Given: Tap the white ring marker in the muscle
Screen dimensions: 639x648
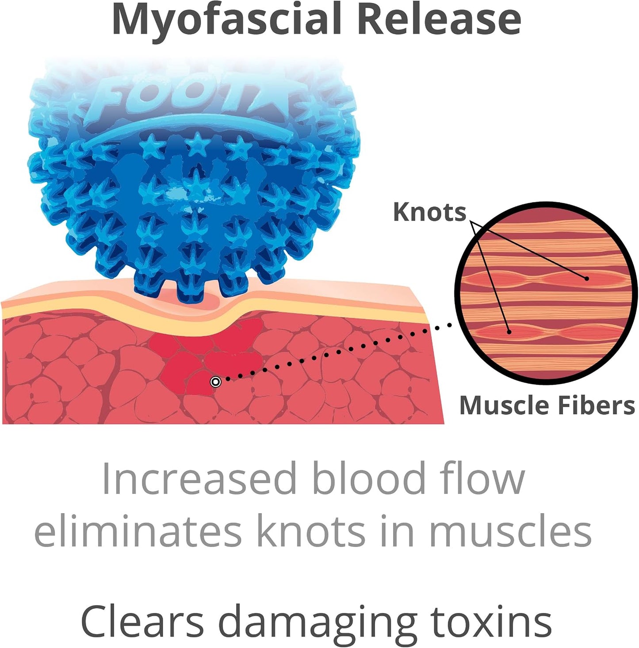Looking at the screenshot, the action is click(215, 382).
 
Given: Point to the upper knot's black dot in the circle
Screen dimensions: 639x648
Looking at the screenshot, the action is click(586, 278).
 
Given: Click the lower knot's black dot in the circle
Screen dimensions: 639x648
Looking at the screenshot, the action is click(509, 332).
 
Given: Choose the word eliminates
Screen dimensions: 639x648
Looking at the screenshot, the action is click(138, 532).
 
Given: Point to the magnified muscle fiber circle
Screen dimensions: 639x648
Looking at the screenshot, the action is click(546, 293).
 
